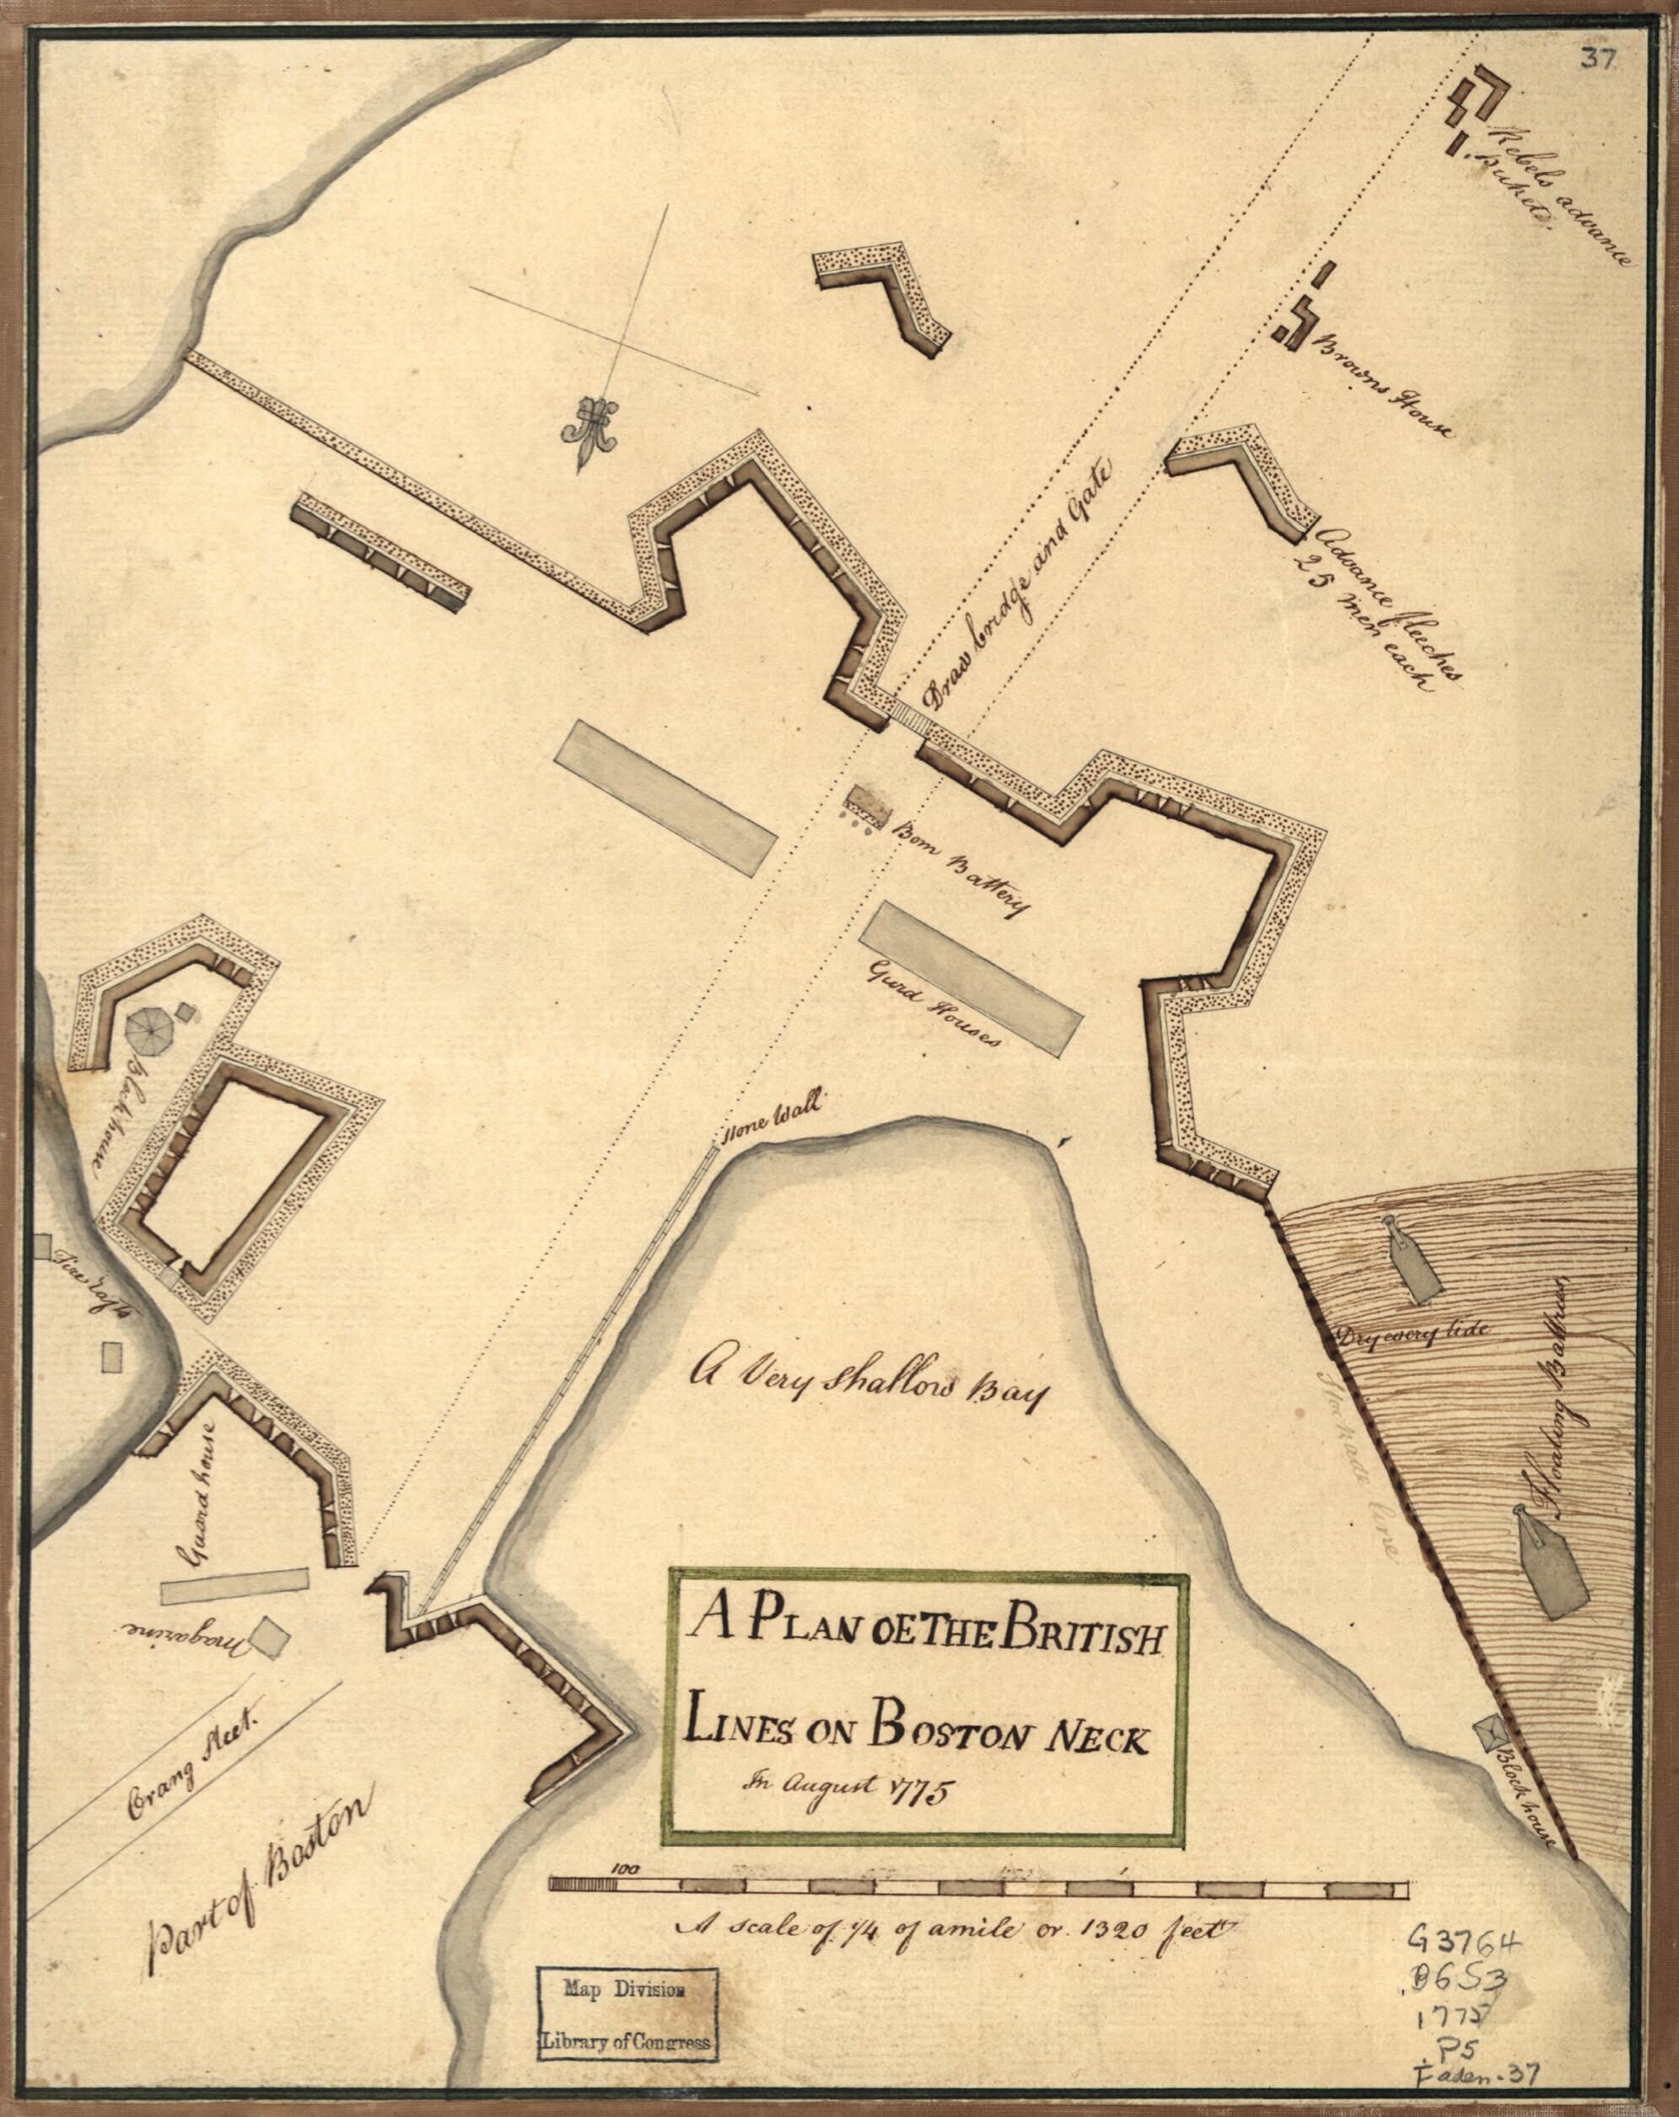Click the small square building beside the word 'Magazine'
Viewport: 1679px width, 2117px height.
coord(269,1631)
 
